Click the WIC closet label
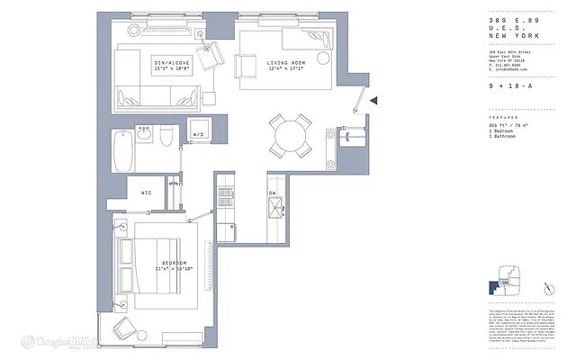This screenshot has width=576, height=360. pos(147,192)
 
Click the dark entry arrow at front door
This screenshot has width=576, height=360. pos(375,104)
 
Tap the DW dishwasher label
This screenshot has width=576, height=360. pos(272,193)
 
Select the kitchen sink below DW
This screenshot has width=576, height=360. pos(273,212)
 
